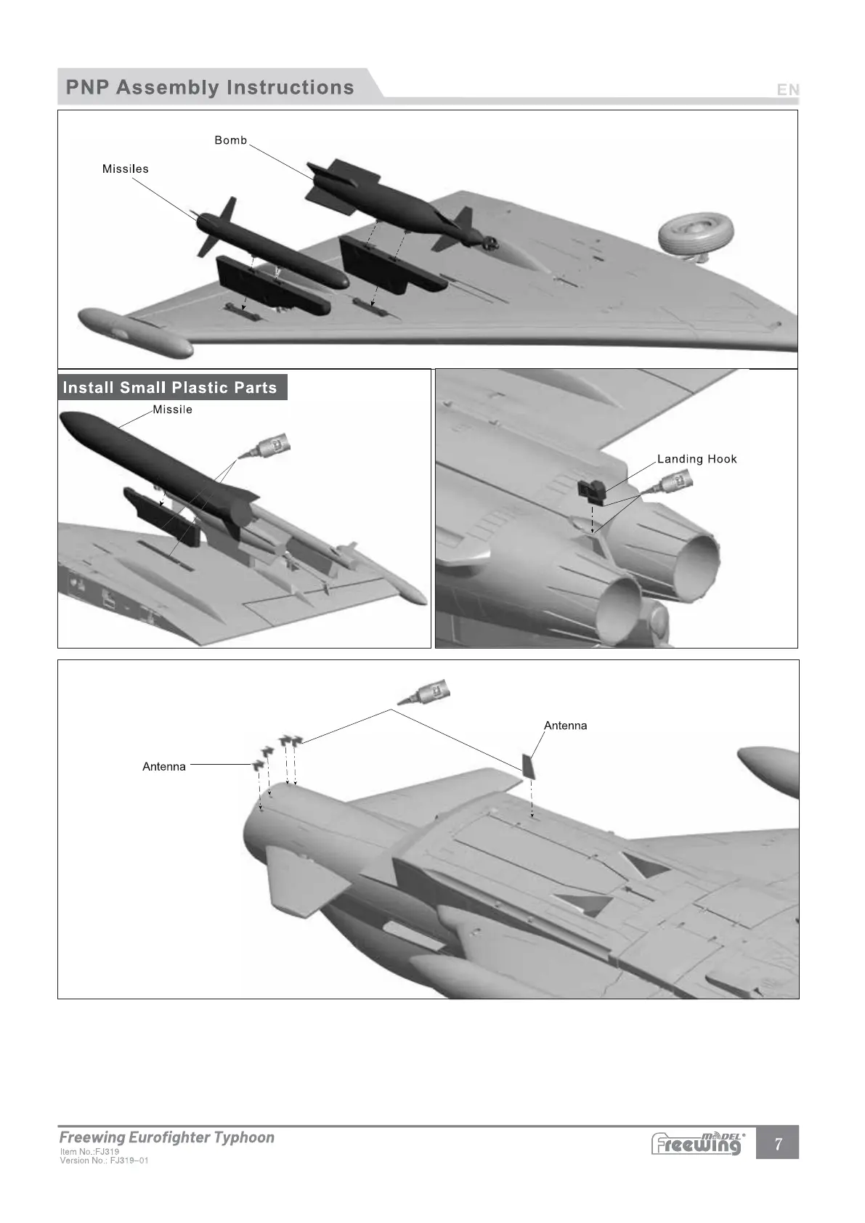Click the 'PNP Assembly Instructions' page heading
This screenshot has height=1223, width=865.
click(209, 88)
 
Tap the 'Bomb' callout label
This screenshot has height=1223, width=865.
click(230, 140)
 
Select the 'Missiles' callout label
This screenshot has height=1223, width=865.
click(125, 168)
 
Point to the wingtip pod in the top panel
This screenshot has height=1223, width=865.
click(135, 333)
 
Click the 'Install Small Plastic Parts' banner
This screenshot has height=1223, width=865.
click(170, 387)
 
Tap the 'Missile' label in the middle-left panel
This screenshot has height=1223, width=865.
click(172, 410)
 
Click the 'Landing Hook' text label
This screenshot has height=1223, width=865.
click(697, 459)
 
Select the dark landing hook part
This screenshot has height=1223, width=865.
click(591, 490)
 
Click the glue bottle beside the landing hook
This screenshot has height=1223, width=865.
click(674, 482)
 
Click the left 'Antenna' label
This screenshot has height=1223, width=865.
click(164, 766)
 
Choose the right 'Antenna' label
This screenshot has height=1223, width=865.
click(565, 726)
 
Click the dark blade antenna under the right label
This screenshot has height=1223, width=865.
click(529, 765)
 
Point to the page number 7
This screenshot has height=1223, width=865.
click(778, 1144)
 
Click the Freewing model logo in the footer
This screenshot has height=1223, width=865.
click(697, 1143)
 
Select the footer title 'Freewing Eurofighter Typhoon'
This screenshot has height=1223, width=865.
click(167, 1137)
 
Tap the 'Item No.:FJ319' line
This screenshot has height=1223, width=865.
click(89, 1151)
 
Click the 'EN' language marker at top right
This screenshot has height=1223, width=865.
click(787, 89)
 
